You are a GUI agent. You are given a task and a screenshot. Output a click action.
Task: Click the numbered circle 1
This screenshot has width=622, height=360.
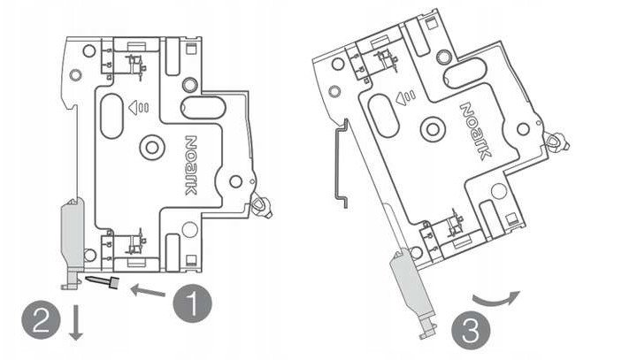[x=192, y=303]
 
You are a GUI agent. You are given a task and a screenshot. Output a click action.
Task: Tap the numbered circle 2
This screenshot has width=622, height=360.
[x=41, y=319]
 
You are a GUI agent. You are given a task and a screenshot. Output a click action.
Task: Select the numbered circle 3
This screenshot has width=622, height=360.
[x=471, y=330]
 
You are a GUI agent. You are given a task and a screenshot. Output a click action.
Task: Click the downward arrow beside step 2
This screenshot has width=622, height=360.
[x=76, y=322]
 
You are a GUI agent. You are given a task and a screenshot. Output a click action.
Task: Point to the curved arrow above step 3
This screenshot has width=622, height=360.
[x=495, y=300]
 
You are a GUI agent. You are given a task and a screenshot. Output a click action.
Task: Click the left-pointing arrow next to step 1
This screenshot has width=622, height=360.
[x=148, y=291]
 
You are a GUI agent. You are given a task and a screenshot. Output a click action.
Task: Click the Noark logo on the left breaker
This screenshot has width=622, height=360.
[x=192, y=165]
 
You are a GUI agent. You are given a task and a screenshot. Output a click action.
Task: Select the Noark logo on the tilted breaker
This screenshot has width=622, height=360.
[x=475, y=132]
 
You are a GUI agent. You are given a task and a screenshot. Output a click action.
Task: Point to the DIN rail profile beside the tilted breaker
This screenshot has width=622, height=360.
[x=341, y=164]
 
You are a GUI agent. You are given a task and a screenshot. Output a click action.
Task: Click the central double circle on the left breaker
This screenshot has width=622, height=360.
[x=152, y=148]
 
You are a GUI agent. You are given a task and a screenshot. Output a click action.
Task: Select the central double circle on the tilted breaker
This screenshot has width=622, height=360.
[x=433, y=129]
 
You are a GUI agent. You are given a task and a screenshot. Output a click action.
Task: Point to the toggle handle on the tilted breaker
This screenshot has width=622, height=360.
[x=557, y=142]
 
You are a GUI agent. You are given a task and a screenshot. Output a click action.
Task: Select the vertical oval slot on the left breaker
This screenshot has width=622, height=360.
[x=111, y=116]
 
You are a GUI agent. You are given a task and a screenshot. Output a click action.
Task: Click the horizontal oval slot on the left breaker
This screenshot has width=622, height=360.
[x=203, y=108]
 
